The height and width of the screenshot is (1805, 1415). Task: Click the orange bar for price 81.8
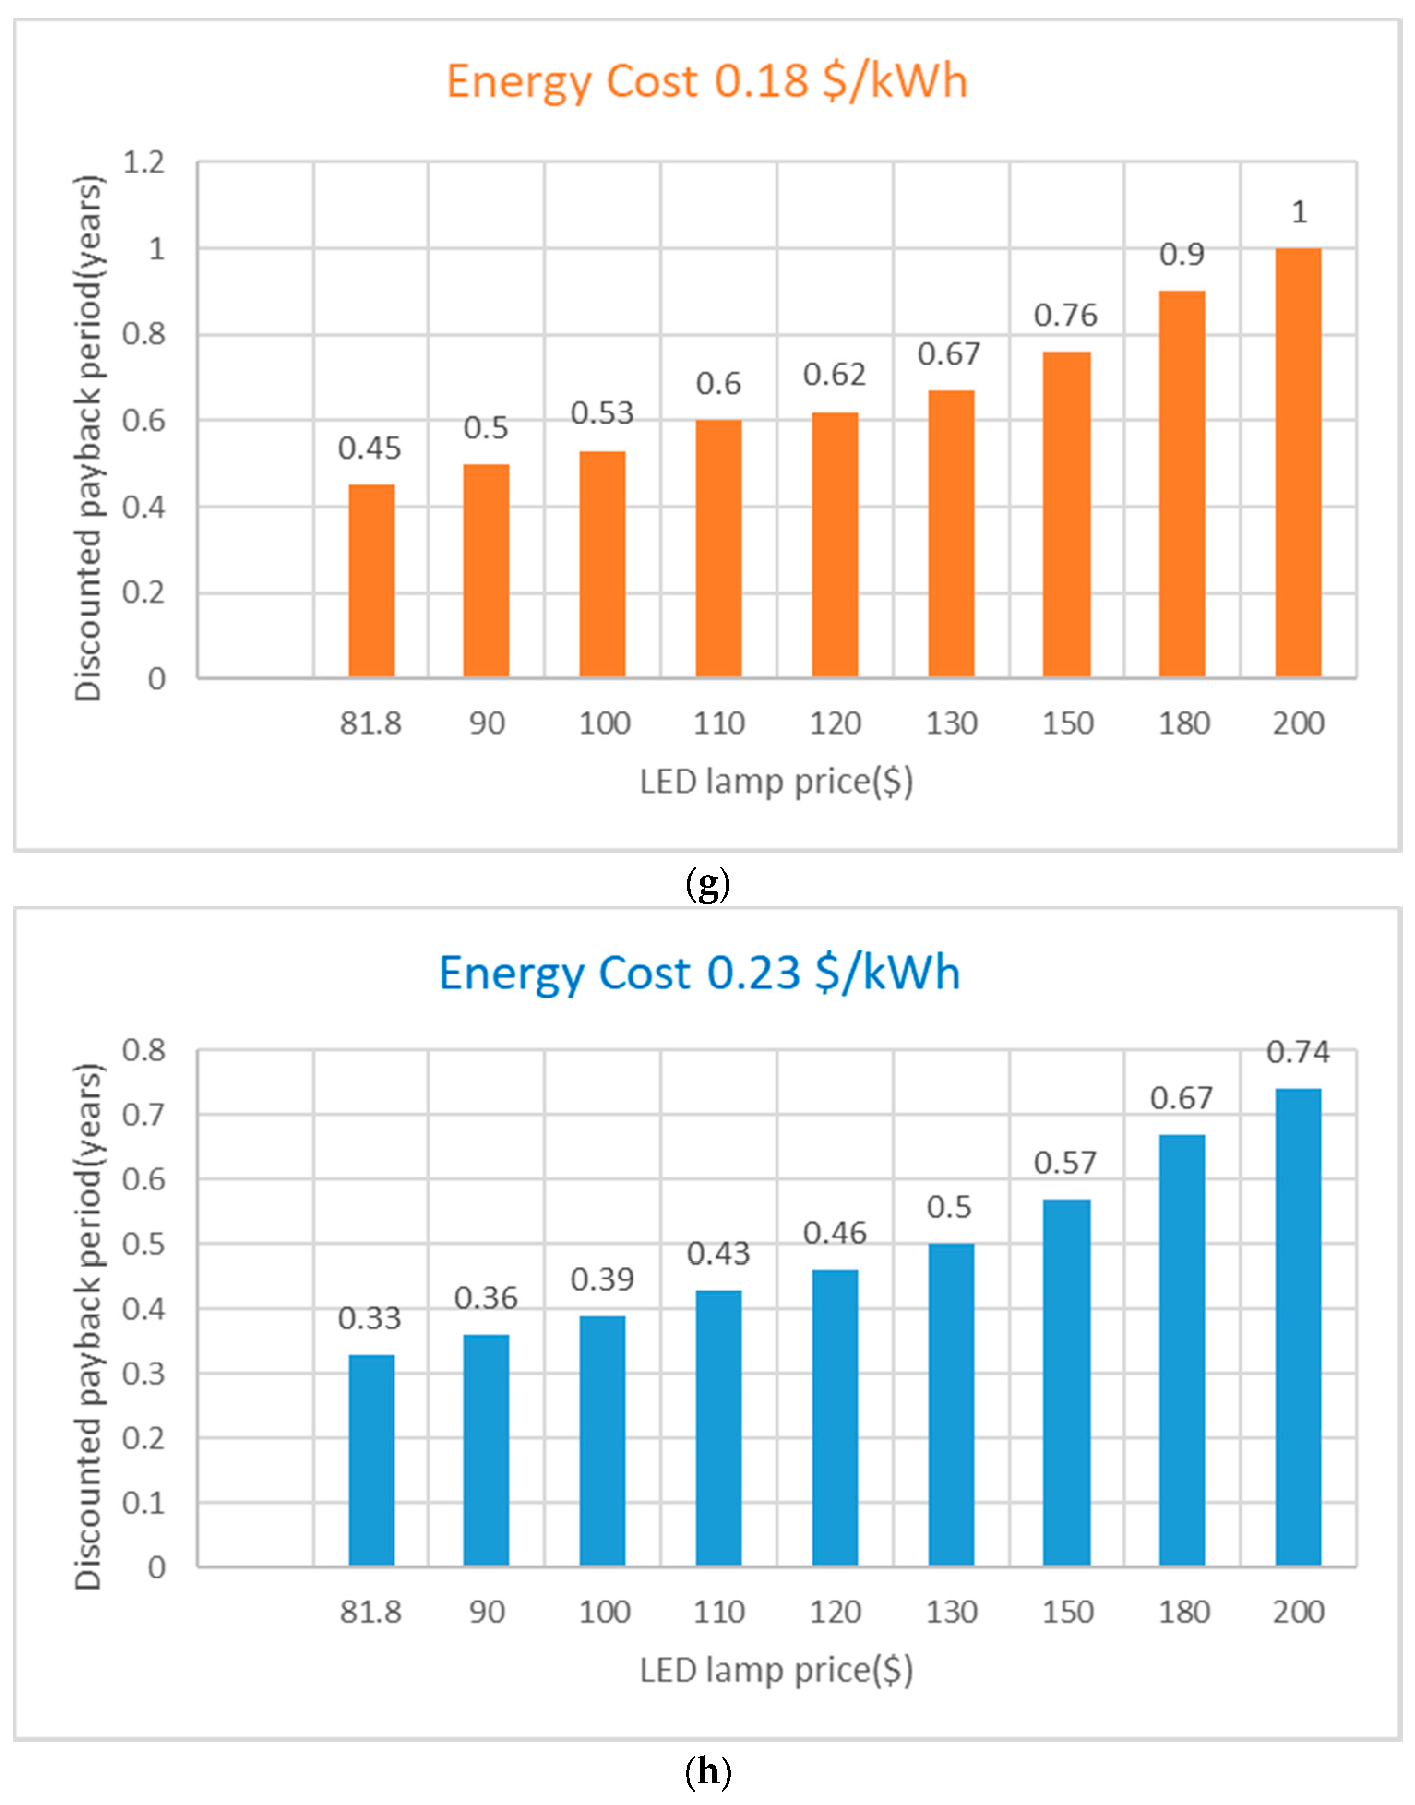(x=371, y=581)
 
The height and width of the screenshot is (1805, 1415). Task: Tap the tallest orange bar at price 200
(x=1298, y=463)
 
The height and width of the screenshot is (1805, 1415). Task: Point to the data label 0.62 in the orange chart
(x=834, y=375)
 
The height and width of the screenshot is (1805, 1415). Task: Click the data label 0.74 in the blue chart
(x=1298, y=1053)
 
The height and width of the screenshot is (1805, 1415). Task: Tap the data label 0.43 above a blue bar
(x=718, y=1254)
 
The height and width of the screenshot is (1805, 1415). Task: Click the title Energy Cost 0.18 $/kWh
(x=707, y=81)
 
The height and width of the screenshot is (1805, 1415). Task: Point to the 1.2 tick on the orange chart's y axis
(x=144, y=162)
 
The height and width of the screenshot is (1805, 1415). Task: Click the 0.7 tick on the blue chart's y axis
(x=144, y=1115)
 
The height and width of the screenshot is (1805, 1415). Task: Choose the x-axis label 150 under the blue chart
(x=1067, y=1612)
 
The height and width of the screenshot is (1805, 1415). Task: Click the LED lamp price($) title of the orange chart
(x=776, y=781)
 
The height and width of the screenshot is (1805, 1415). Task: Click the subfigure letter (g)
(x=708, y=885)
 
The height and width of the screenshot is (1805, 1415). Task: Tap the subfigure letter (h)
(x=708, y=1773)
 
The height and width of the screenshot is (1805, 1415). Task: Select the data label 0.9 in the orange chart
(x=1182, y=254)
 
